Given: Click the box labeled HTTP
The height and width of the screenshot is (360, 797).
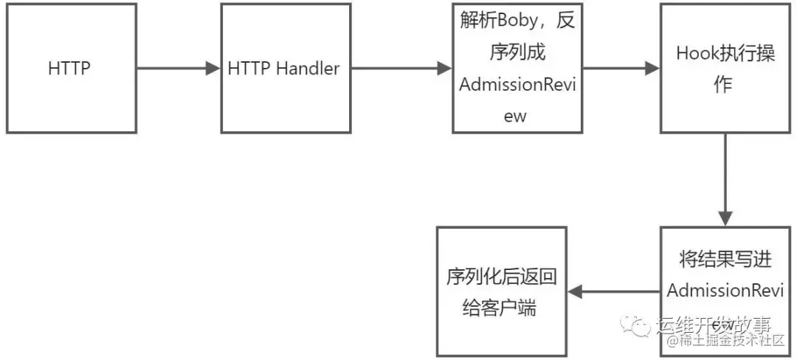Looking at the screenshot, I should [x=71, y=69].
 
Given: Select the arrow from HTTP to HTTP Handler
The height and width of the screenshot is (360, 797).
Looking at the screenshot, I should [x=178, y=69].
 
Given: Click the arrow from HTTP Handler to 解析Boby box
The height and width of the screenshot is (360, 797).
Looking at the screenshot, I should [x=400, y=69].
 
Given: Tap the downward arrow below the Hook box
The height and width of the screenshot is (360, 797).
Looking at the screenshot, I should [x=725, y=180].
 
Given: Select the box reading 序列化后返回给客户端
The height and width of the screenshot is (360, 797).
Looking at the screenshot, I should [x=501, y=292].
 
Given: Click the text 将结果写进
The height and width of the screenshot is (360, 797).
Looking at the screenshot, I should [x=725, y=259].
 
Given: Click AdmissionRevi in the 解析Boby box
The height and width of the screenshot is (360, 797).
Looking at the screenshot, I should [x=516, y=84].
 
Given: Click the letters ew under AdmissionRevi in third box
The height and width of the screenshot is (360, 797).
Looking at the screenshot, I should [x=516, y=116].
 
